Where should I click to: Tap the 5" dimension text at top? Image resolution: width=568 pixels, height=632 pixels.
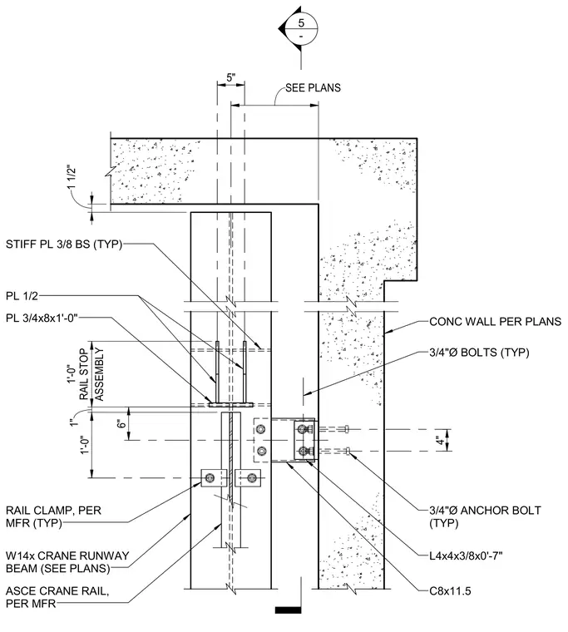230,77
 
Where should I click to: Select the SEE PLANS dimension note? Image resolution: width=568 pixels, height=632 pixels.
313,88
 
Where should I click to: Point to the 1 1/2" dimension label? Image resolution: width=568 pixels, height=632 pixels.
72,177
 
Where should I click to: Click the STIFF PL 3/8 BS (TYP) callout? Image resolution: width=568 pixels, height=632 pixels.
64,244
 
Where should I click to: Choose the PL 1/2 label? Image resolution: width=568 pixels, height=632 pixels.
22,296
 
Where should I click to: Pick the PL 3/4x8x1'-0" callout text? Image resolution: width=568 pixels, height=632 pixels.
41,318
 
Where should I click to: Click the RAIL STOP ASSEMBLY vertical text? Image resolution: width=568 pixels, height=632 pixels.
91,374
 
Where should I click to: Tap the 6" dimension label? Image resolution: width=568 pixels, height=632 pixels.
121,423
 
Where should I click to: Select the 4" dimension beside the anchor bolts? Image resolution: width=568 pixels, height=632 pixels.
441,440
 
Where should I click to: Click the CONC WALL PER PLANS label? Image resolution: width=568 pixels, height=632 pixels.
495,322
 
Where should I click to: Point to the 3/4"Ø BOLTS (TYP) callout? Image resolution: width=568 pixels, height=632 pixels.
479,353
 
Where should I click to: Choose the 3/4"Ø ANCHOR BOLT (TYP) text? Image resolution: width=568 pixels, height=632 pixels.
485,516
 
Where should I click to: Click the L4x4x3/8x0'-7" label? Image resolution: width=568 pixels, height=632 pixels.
466,556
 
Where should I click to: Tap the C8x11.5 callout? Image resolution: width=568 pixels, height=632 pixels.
450,591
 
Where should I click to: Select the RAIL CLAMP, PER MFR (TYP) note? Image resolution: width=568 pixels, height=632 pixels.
53,516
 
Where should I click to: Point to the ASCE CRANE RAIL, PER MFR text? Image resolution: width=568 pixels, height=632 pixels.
57,597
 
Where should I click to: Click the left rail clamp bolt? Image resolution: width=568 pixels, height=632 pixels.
210,478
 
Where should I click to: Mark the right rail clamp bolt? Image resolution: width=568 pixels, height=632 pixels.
252,478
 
